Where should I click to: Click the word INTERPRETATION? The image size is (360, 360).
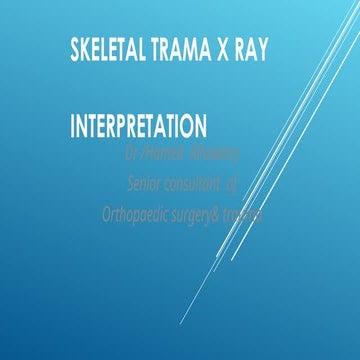pyautogui.click(x=139, y=128)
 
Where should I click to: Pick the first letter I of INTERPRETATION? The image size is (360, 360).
pyautogui.click(x=73, y=128)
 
